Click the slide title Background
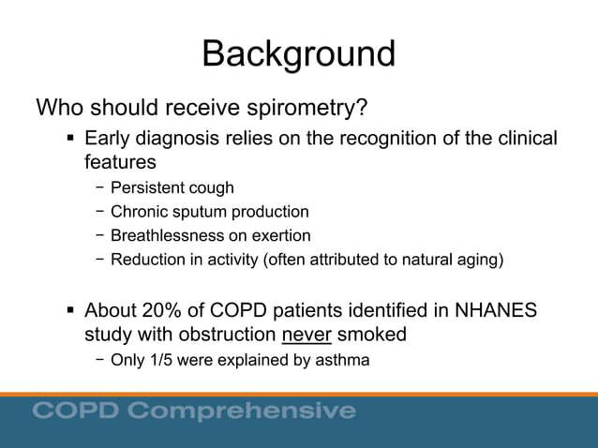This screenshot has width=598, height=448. tap(298, 53)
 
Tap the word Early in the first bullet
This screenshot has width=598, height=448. tap(109, 139)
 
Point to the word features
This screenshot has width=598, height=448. tap(120, 163)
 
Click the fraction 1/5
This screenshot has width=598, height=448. tap(159, 359)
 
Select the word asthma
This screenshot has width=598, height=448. tap(344, 359)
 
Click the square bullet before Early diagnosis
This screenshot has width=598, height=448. tap(71, 140)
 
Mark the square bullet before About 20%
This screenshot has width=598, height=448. tap(71, 310)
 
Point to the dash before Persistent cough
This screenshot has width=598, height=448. tap(99, 188)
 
